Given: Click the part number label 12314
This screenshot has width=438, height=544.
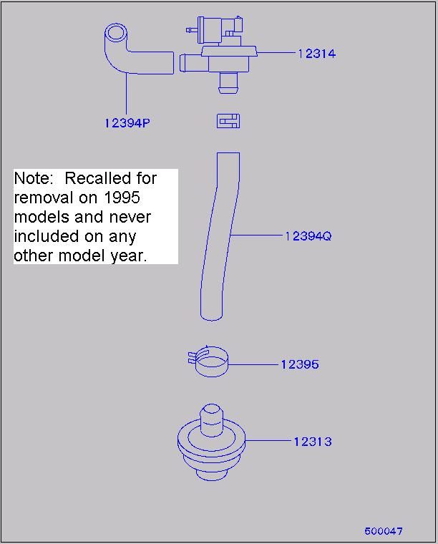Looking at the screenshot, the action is tap(316, 54).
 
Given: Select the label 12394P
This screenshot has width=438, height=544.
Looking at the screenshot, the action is tap(127, 123).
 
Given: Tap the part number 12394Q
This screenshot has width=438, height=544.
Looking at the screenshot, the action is tap(308, 236).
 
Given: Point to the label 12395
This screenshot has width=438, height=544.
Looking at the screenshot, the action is tap(300, 364).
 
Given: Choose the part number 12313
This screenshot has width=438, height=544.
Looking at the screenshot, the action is tap(313, 442).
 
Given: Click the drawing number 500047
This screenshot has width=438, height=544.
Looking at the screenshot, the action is tap(383, 531).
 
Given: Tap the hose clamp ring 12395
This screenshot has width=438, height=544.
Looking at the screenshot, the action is tap(211, 373).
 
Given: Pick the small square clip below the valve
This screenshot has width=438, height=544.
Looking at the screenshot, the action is tap(228, 121).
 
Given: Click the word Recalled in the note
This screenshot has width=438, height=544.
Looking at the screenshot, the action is tap(98, 178).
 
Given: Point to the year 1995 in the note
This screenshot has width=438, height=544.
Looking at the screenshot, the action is tap(122, 198).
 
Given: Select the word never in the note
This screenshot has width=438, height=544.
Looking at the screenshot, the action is tap(130, 218).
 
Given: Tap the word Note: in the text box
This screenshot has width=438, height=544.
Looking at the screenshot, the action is tap(34, 178).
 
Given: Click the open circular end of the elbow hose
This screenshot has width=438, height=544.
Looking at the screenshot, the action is tap(115, 34).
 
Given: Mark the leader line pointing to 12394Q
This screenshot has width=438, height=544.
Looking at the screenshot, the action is tap(257, 235).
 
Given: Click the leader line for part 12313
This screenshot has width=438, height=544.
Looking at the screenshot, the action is tap(268, 441).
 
